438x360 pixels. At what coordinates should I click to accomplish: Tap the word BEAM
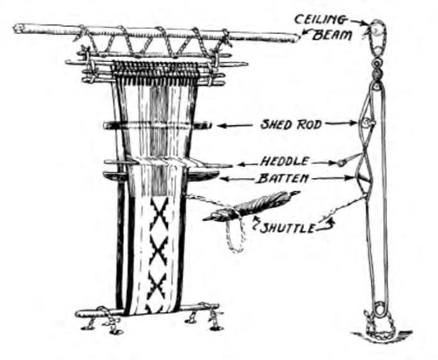[332, 35]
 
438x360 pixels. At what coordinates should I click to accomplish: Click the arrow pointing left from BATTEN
[236, 179]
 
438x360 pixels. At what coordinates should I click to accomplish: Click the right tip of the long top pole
[295, 38]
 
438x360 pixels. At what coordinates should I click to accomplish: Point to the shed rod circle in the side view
[366, 123]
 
